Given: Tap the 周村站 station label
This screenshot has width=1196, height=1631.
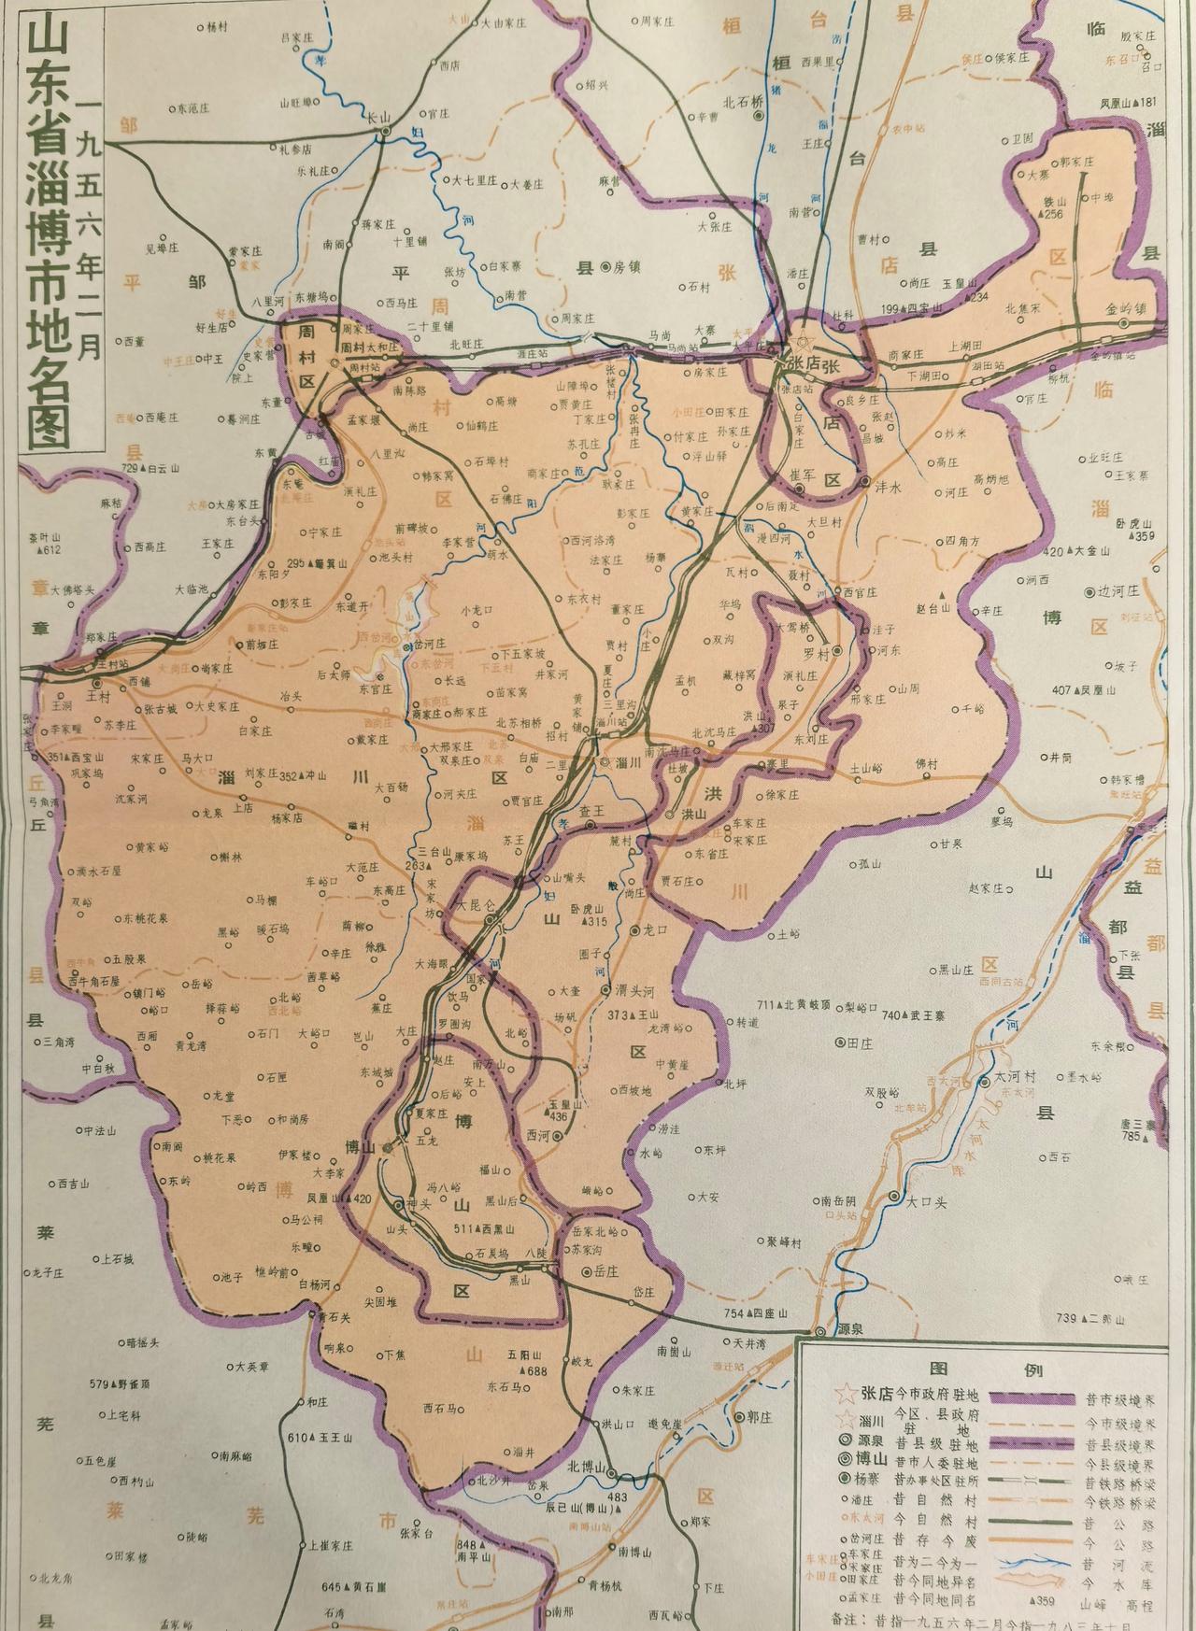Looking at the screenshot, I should pos(366,367).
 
